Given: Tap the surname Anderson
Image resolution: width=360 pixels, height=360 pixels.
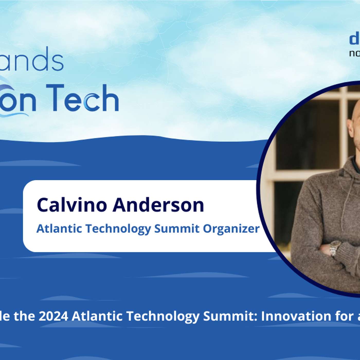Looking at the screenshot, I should [158, 205].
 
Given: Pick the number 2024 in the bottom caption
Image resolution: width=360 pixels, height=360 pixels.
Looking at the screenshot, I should [53, 316].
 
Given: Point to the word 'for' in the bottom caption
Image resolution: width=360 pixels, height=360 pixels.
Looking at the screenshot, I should [343, 316].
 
